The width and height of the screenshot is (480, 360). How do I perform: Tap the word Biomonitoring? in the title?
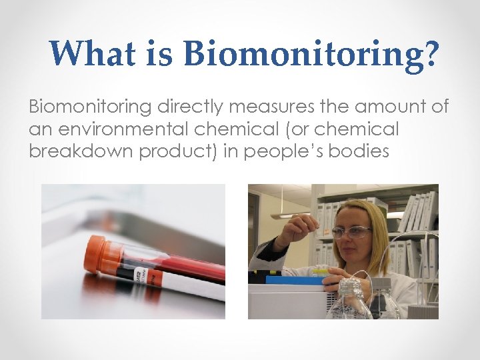click(x=312, y=55)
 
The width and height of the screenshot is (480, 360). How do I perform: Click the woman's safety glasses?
click(x=351, y=231)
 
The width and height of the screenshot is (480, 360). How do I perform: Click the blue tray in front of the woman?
click(x=293, y=279)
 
